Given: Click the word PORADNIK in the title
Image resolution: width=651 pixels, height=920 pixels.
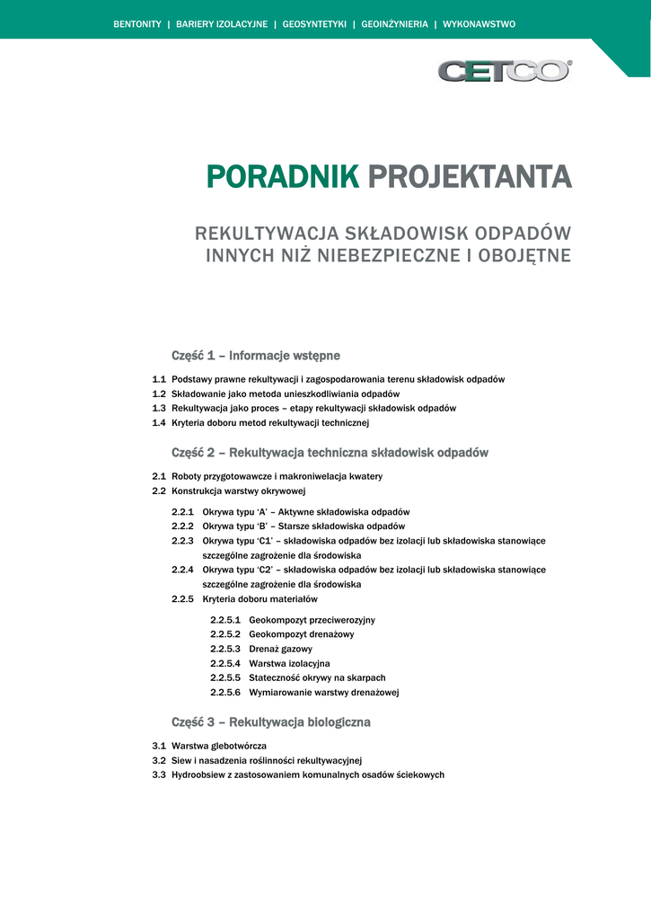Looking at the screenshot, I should pyautogui.click(x=283, y=177).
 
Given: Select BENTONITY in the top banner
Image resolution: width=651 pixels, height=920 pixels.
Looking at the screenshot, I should pyautogui.click(x=137, y=24).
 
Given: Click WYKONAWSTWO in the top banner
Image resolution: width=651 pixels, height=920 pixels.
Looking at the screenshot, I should pyautogui.click(x=479, y=24).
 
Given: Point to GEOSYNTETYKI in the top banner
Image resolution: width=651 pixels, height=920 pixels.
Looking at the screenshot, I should pyautogui.click(x=314, y=24).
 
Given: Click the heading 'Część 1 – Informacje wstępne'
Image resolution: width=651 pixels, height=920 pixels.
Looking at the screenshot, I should pyautogui.click(x=256, y=356).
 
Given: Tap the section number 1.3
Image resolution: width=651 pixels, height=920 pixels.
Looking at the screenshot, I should pyautogui.click(x=159, y=408).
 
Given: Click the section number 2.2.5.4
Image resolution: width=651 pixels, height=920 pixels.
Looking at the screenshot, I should pyautogui.click(x=225, y=663).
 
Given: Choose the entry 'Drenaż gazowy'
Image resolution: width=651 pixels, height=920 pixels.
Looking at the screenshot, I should pyautogui.click(x=281, y=649).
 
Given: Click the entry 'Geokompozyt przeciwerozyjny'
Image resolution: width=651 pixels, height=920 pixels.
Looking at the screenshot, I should pyautogui.click(x=312, y=620).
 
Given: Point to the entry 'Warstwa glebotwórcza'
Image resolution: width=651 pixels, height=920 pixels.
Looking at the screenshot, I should pyautogui.click(x=219, y=746).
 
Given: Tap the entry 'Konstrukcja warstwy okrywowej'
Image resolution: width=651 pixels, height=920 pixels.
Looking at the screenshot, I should pyautogui.click(x=239, y=491).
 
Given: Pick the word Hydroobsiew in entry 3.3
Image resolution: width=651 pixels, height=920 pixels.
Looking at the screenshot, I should pyautogui.click(x=197, y=774).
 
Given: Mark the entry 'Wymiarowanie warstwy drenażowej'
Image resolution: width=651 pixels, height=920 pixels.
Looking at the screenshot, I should pyautogui.click(x=323, y=692).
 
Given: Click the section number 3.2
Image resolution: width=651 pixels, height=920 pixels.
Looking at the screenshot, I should pyautogui.click(x=159, y=760).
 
